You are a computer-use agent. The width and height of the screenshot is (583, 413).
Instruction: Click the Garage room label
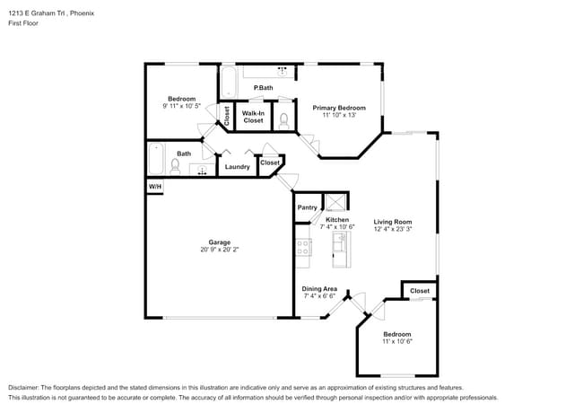(220, 242)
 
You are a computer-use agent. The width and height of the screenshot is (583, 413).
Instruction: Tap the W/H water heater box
(155, 186)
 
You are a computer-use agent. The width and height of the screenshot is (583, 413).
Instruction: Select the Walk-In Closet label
(254, 117)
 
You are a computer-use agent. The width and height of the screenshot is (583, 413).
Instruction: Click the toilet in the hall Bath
(176, 165)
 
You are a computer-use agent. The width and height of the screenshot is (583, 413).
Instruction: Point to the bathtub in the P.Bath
(228, 82)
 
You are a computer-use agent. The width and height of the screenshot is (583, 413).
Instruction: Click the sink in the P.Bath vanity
(283, 71)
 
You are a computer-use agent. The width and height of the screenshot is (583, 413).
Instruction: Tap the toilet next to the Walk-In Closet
(283, 119)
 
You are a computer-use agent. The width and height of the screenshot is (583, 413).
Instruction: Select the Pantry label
(307, 207)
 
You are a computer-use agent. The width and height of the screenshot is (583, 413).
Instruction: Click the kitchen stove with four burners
(303, 248)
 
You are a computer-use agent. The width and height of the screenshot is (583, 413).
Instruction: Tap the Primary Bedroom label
(339, 108)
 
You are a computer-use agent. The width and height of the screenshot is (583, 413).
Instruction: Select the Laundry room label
(237, 166)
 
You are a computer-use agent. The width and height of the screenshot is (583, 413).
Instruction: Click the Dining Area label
(319, 288)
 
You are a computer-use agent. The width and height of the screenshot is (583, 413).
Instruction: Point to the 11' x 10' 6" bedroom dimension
(396, 341)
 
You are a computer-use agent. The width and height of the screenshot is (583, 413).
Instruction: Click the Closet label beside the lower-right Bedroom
(420, 291)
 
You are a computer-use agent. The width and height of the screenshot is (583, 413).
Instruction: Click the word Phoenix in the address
(82, 13)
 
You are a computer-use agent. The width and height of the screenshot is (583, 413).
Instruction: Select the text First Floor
(24, 24)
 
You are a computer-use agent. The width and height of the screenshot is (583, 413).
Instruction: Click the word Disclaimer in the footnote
(27, 388)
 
